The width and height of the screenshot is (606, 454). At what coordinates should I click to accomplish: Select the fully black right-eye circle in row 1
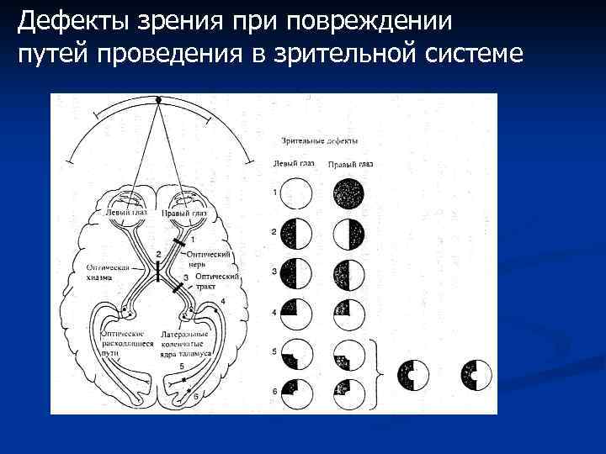[349, 194]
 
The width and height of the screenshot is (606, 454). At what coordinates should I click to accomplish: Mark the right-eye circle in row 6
[349, 391]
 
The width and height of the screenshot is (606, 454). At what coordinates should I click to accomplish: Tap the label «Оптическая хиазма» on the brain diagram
[108, 272]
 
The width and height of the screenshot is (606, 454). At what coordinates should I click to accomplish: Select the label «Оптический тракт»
[217, 280]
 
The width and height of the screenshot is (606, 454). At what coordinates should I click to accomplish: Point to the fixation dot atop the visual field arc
[157, 99]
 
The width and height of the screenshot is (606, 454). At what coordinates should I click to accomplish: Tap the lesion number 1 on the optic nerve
[193, 240]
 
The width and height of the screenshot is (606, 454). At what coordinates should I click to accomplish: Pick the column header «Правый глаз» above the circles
[350, 164]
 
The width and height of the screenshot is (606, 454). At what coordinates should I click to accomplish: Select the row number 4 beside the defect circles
[274, 313]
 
